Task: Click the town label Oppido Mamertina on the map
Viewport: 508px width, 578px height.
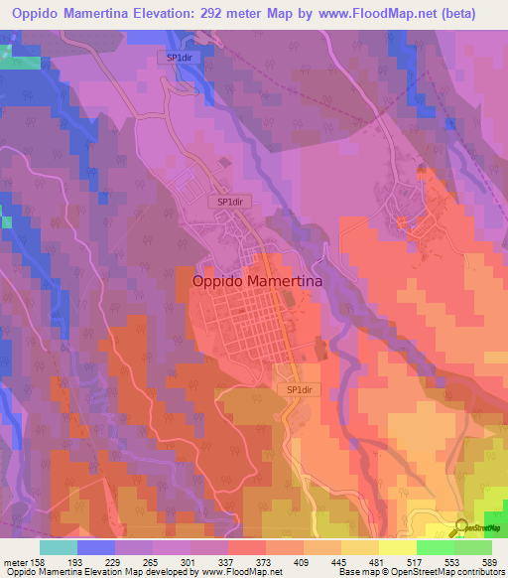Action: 256,281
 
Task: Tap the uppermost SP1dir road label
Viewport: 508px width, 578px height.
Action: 180,58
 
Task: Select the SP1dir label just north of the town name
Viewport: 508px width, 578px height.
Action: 230,201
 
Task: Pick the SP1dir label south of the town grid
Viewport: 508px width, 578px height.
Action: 300,390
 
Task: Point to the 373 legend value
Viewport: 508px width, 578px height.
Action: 264,561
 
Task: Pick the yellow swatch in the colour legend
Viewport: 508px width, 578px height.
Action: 397,547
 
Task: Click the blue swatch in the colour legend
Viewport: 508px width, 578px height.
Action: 96,547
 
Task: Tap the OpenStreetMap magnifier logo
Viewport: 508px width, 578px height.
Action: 461,527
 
